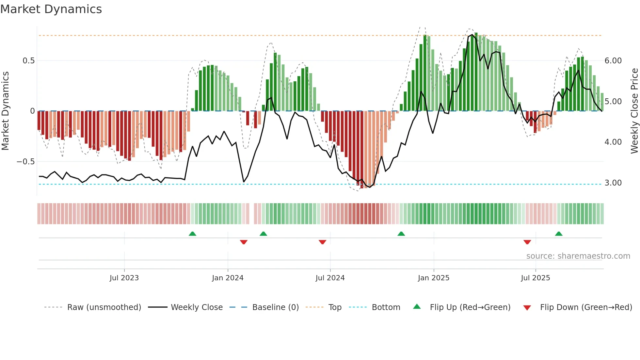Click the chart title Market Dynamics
(51, 9)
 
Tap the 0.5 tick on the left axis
(28, 61)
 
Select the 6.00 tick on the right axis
(613, 61)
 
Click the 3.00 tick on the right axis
(613, 183)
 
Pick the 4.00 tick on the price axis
(613, 142)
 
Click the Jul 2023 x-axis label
(124, 278)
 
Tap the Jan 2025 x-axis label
(433, 278)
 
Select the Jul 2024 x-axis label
(330, 278)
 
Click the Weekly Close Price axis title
(634, 111)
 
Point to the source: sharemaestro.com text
(578, 256)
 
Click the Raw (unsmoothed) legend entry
(104, 307)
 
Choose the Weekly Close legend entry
(197, 307)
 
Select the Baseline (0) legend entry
(275, 307)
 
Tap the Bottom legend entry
(386, 307)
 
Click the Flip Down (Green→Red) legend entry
(586, 307)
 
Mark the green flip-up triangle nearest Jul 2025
(559, 234)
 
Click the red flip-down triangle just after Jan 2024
(244, 242)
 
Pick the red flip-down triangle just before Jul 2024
(322, 242)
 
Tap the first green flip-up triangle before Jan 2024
(192, 234)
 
